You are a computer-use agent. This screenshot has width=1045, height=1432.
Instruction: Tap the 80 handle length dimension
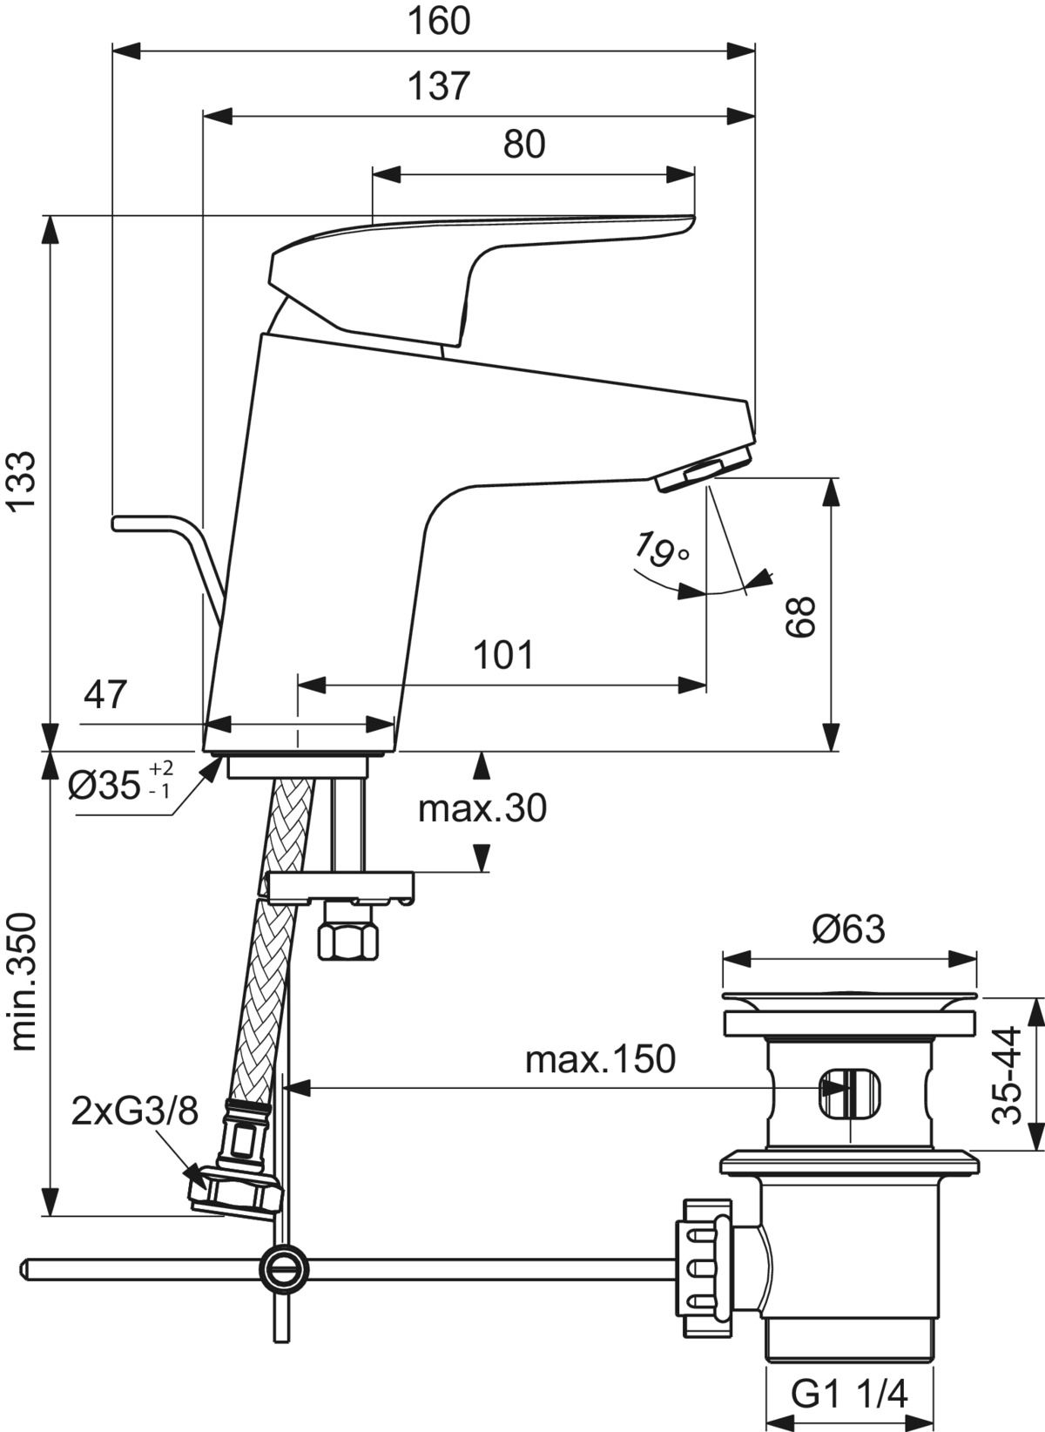(x=524, y=145)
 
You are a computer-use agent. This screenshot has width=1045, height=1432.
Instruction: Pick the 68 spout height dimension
(x=800, y=617)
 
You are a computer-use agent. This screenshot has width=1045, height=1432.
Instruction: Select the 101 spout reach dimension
(x=503, y=654)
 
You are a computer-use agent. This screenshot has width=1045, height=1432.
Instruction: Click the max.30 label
(x=482, y=809)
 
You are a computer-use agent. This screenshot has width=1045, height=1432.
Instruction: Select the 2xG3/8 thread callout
(x=135, y=1111)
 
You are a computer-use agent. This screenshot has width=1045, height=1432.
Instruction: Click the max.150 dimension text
(x=600, y=1060)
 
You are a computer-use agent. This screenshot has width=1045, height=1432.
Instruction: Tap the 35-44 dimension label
(x=1008, y=1076)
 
